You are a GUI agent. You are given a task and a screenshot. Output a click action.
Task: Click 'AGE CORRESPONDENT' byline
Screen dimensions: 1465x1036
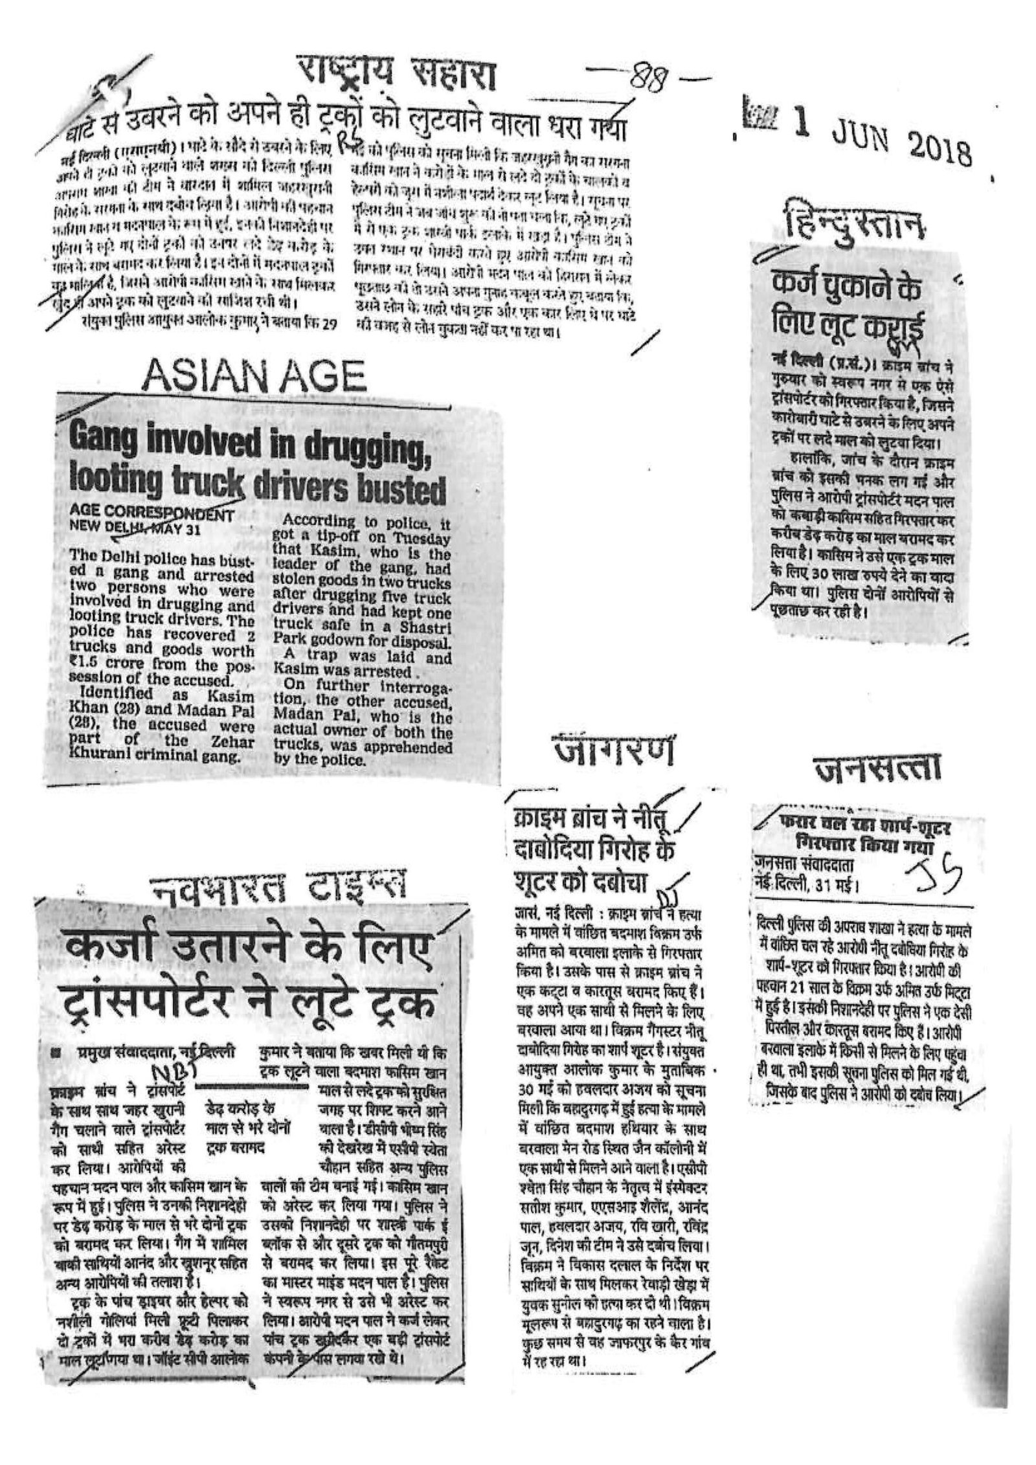coord(150,516)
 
